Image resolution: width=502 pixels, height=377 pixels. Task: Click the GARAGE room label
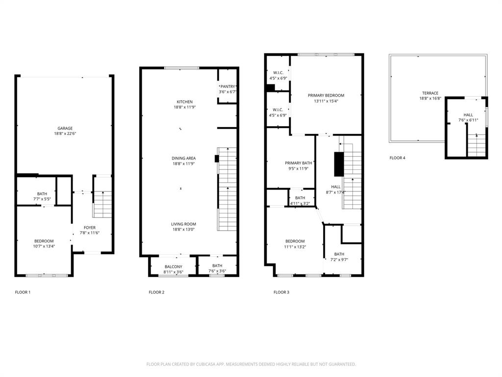pyautogui.click(x=65, y=128)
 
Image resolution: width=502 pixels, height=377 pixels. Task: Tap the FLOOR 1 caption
pyautogui.click(x=23, y=293)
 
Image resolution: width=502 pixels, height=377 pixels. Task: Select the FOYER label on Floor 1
pyautogui.click(x=90, y=227)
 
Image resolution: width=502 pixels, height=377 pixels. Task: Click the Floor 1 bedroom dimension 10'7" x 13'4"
pyautogui.click(x=44, y=246)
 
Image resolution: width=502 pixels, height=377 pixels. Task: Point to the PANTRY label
pyautogui.click(x=227, y=86)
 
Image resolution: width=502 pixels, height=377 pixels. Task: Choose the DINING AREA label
pyautogui.click(x=184, y=158)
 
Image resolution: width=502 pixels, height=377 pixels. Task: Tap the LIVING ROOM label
pyautogui.click(x=184, y=224)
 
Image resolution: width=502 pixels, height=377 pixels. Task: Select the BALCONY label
pyautogui.click(x=173, y=267)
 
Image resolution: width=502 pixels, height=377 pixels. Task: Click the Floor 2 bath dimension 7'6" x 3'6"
pyautogui.click(x=217, y=271)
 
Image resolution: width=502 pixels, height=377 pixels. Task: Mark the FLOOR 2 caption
pyautogui.click(x=156, y=293)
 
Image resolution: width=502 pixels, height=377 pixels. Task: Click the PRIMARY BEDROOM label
pyautogui.click(x=326, y=95)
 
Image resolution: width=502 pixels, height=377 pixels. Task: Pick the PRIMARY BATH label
pyautogui.click(x=299, y=163)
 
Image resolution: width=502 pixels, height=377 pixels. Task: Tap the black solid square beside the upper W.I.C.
pyautogui.click(x=270, y=88)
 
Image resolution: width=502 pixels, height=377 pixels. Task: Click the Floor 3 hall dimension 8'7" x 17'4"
pyautogui.click(x=336, y=192)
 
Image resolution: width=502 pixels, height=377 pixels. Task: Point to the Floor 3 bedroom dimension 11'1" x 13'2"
pyautogui.click(x=295, y=247)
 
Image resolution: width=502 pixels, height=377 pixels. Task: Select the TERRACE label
pyautogui.click(x=430, y=93)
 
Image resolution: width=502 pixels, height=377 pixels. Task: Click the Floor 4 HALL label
pyautogui.click(x=468, y=115)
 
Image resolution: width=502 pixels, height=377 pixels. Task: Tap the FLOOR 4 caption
pyautogui.click(x=398, y=158)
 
